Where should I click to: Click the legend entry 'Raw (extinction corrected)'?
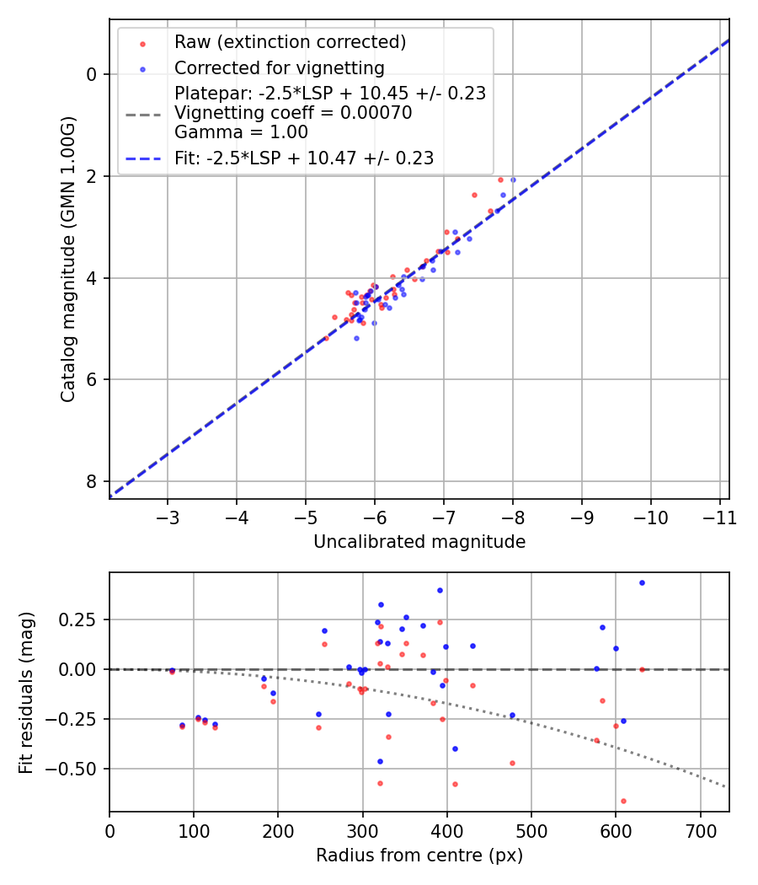(x=290, y=42)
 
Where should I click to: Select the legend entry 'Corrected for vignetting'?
(x=279, y=68)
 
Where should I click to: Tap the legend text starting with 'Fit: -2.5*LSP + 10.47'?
(x=304, y=158)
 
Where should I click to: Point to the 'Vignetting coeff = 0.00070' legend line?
(x=293, y=113)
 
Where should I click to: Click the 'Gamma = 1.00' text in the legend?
(x=241, y=132)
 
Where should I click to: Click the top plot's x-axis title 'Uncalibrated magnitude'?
(x=419, y=542)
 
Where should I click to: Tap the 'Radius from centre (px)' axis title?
(x=419, y=855)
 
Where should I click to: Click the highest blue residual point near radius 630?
(x=642, y=582)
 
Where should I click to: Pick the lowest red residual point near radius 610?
(x=623, y=801)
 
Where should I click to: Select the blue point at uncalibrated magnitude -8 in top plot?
(x=513, y=180)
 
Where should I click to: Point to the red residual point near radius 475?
(x=512, y=763)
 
